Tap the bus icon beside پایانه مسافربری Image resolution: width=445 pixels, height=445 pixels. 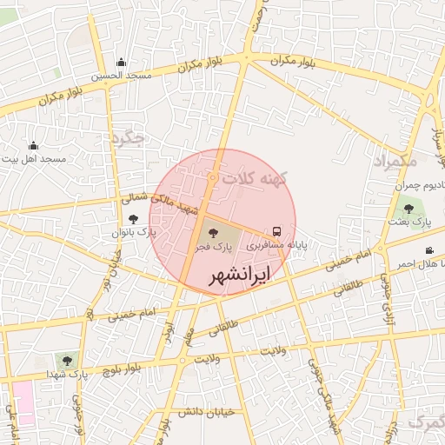[x=276, y=232]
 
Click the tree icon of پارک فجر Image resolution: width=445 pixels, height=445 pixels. [x=210, y=232]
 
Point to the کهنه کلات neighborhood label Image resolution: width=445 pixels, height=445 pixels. [x=253, y=177]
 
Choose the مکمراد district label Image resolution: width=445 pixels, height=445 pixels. [x=395, y=163]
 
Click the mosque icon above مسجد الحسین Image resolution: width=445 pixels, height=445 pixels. [x=120, y=62]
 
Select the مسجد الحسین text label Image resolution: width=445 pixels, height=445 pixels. [x=121, y=76]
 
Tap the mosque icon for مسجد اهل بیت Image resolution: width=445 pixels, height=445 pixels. [x=33, y=146]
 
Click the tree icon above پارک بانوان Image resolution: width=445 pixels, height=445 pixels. [x=133, y=219]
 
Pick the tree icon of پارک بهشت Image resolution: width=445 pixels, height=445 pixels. [x=408, y=209]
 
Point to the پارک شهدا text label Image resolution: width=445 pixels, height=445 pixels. [x=69, y=375]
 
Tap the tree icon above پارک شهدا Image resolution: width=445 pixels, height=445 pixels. [x=67, y=358]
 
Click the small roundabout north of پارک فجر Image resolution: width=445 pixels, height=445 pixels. [x=212, y=178]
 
